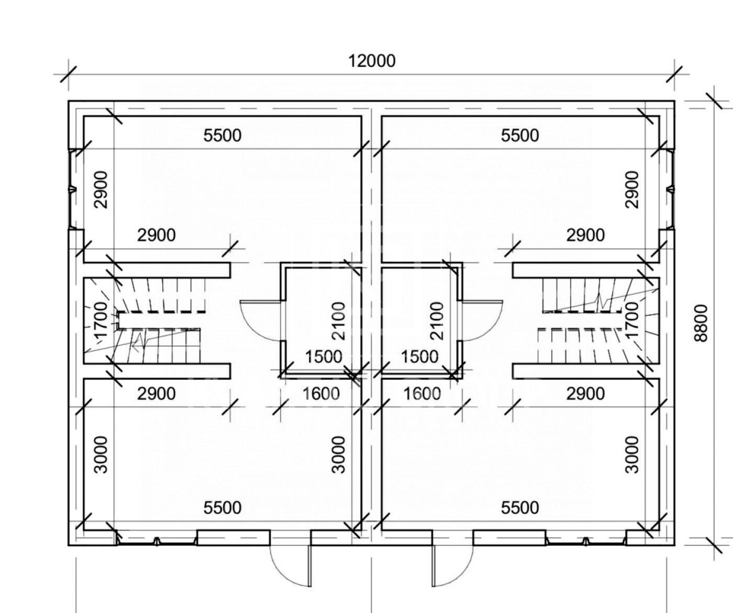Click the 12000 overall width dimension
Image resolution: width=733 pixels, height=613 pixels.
pyautogui.click(x=372, y=61)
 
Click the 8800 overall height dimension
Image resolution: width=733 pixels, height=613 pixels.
pyautogui.click(x=701, y=323)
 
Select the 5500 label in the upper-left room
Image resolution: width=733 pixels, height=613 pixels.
pyautogui.click(x=223, y=136)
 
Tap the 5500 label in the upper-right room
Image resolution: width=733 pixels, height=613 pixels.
pyautogui.click(x=520, y=136)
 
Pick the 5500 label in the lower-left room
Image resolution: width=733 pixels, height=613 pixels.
pyautogui.click(x=223, y=508)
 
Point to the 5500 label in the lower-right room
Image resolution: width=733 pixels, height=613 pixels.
pyautogui.click(x=520, y=508)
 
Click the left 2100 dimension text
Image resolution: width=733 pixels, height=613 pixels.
pyautogui.click(x=339, y=321)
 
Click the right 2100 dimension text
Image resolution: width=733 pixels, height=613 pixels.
pyautogui.click(x=437, y=321)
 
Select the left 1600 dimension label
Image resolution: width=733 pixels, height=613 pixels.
pyautogui.click(x=321, y=394)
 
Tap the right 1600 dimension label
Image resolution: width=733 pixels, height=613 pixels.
pyautogui.click(x=422, y=394)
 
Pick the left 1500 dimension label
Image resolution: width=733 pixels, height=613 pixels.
pyautogui.click(x=324, y=357)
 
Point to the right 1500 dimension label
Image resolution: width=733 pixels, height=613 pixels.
pyautogui.click(x=419, y=357)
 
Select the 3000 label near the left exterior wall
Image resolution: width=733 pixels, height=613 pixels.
pyautogui.click(x=102, y=455)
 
